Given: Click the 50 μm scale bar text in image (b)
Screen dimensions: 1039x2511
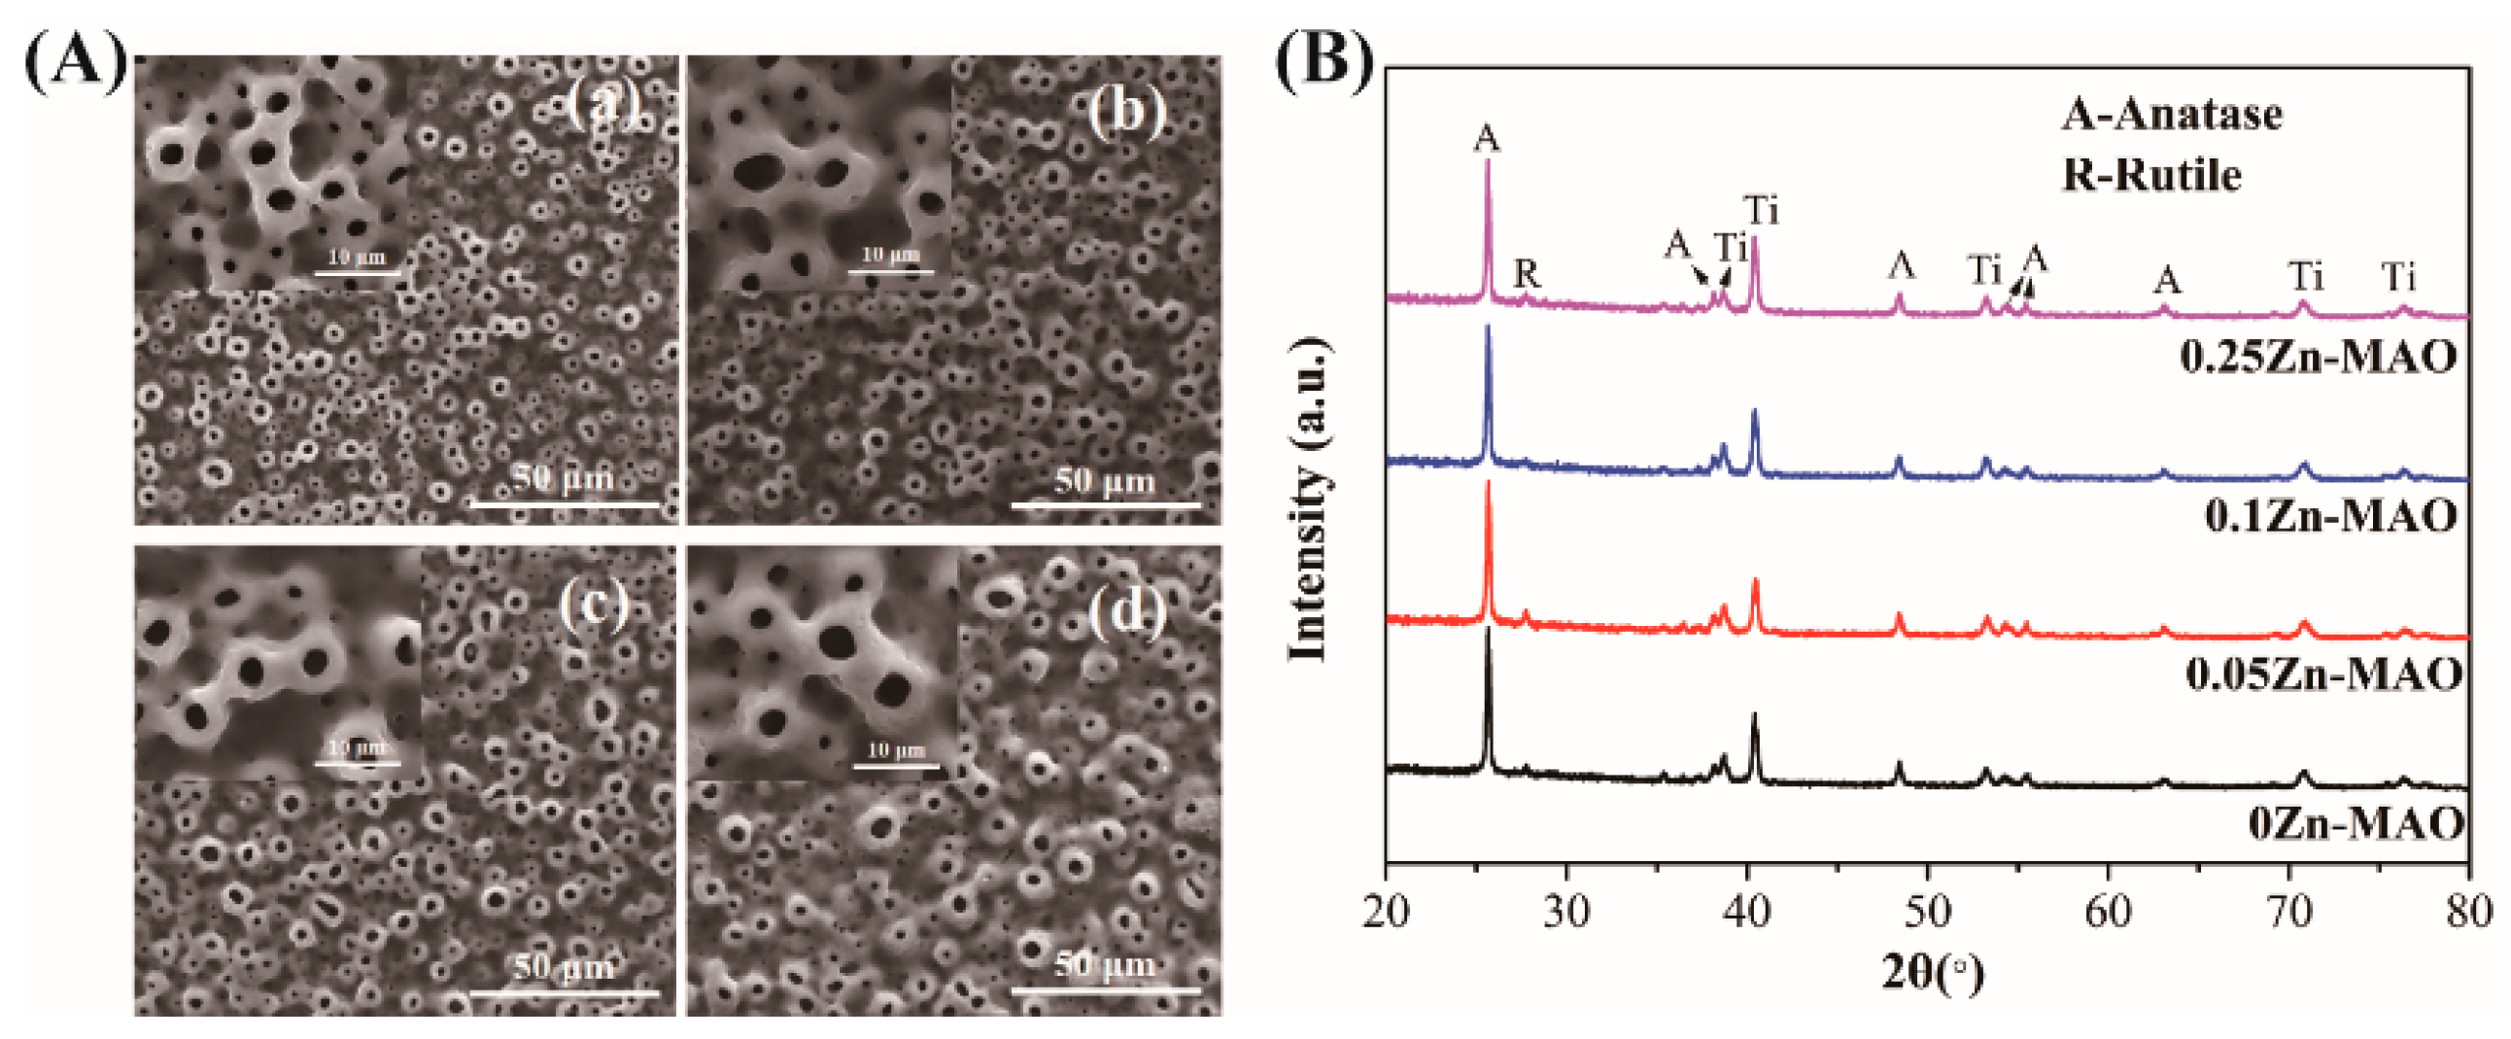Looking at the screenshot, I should click(x=1105, y=481).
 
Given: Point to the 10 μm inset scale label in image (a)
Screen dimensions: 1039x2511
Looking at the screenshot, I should click(x=357, y=258).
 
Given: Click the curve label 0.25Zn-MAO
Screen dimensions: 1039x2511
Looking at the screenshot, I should click(x=2318, y=358).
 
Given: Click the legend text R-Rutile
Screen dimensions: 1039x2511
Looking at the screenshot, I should click(x=2151, y=176).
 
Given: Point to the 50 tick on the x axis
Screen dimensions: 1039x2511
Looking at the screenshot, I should click(x=1927, y=912).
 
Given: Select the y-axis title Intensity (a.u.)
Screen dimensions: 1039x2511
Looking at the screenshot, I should click(x=1310, y=499).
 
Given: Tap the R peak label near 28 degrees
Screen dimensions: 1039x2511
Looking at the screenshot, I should click(x=1527, y=275).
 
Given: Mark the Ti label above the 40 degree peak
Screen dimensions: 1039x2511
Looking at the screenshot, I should click(x=1762, y=211).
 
